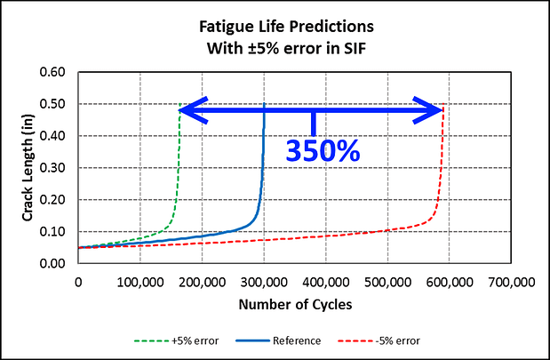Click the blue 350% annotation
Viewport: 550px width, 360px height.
[x=323, y=149]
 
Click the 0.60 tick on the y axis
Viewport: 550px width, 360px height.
[x=53, y=72]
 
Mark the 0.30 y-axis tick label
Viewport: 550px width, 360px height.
[x=53, y=168]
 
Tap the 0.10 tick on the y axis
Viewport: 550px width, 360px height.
[x=53, y=232]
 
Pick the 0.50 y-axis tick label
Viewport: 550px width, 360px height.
[x=53, y=104]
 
